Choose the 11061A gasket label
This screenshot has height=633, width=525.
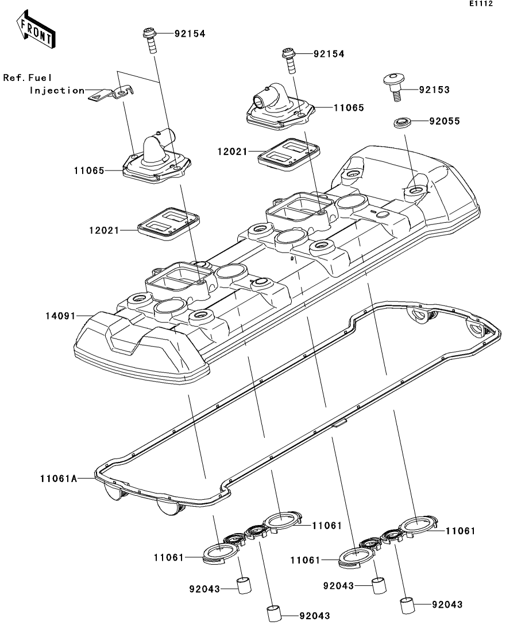point(59,477)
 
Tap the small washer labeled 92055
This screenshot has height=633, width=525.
point(400,122)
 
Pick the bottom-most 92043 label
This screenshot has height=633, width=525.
point(314,616)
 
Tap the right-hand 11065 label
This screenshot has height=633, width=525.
point(348,107)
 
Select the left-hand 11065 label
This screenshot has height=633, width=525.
point(89,170)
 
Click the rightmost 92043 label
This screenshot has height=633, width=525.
point(447,604)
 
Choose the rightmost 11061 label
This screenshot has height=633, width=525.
point(461,531)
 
